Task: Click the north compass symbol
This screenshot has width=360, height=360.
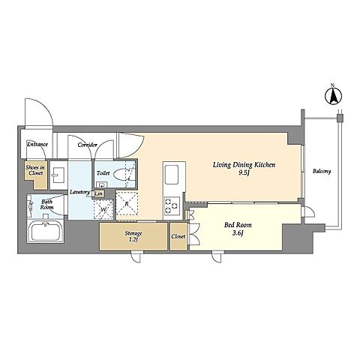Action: (x=333, y=96)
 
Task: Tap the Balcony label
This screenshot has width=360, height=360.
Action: (x=322, y=171)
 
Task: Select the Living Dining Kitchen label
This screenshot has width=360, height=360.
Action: (x=244, y=165)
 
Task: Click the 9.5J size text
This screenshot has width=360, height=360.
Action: (x=244, y=173)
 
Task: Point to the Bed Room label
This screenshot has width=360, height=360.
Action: (x=238, y=225)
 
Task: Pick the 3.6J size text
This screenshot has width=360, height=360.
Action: (x=238, y=233)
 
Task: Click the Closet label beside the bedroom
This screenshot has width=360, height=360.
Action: (x=178, y=236)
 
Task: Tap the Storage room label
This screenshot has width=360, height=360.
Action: (x=133, y=233)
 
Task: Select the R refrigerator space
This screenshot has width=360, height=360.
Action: (x=127, y=204)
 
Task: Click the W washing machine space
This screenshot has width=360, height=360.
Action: (x=103, y=209)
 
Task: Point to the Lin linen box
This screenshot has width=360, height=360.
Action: (x=99, y=193)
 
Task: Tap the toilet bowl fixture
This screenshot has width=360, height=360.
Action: (x=123, y=174)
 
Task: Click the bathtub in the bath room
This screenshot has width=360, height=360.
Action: (x=45, y=231)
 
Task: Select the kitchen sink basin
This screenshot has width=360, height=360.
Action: (x=171, y=175)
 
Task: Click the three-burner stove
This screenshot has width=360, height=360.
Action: (x=172, y=205)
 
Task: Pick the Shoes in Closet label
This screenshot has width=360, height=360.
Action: (x=36, y=170)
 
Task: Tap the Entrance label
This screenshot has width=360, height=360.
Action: (x=37, y=144)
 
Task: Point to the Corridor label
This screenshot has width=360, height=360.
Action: (x=87, y=145)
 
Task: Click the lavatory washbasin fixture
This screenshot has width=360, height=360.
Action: (x=58, y=175)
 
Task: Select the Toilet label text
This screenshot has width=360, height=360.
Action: (x=103, y=172)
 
